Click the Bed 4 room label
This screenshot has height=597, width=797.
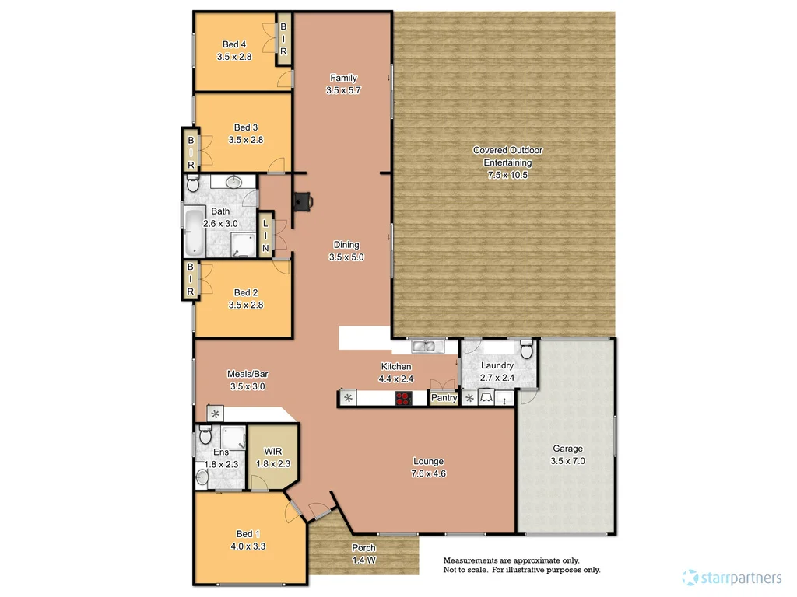coord(234,44)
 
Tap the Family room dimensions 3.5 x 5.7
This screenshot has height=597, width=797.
coord(343,90)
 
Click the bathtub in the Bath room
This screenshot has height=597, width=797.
coord(194,231)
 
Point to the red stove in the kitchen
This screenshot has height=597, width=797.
coord(403,399)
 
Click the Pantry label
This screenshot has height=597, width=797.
coord(444,398)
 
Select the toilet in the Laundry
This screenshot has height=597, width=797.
coord(525,350)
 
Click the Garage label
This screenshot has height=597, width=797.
coord(567,449)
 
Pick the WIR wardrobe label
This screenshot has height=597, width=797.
coord(272,451)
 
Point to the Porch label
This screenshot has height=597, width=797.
coord(363,548)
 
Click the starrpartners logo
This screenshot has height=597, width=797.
coord(732,578)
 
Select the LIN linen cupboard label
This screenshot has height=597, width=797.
coord(265,236)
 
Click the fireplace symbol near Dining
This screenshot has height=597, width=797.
coord(302,201)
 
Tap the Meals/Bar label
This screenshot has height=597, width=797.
coord(248,374)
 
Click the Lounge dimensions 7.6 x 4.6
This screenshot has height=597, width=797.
coord(428,473)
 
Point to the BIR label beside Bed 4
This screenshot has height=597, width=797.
coord(284,39)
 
